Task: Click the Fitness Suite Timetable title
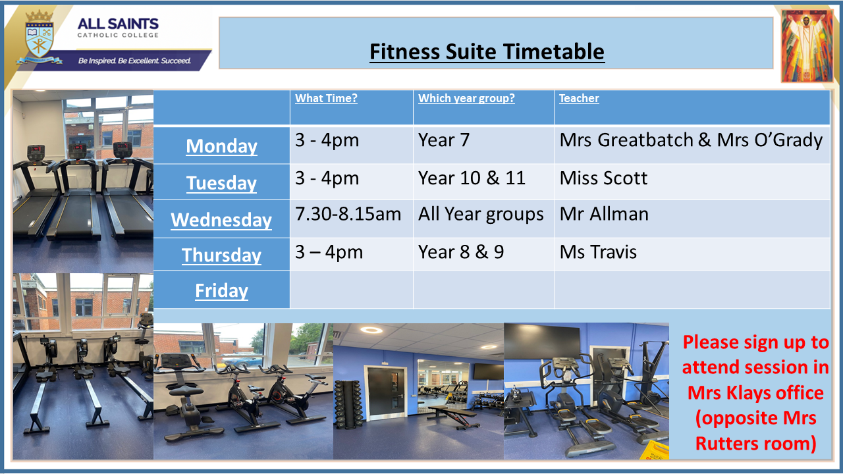(x=487, y=51)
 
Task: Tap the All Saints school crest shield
(x=39, y=38)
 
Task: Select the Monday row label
(x=222, y=146)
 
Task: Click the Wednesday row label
(x=221, y=220)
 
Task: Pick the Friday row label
(x=222, y=290)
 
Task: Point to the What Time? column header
(x=326, y=98)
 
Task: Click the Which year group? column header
(x=466, y=98)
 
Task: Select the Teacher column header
(x=579, y=98)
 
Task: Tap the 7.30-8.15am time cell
(x=348, y=214)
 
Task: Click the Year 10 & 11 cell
(x=472, y=178)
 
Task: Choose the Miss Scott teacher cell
(x=604, y=178)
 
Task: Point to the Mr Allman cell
(x=604, y=214)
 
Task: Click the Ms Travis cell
(x=598, y=252)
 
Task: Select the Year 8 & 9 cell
(x=461, y=252)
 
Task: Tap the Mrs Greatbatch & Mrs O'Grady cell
(x=691, y=140)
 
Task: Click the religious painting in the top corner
(x=807, y=45)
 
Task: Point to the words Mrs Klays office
(x=755, y=393)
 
